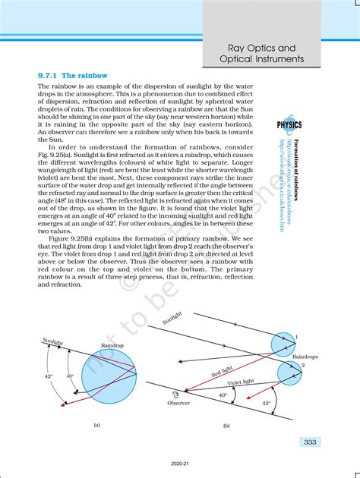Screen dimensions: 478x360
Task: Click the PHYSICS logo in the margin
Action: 289,124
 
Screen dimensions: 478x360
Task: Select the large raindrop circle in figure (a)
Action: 115,377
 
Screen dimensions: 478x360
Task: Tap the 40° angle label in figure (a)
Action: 70,376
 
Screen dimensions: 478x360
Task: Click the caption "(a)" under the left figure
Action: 96,425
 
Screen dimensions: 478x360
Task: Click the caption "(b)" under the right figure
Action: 226,426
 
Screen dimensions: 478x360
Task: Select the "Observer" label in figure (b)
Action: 178,403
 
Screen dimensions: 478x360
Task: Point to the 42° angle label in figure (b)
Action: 266,404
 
